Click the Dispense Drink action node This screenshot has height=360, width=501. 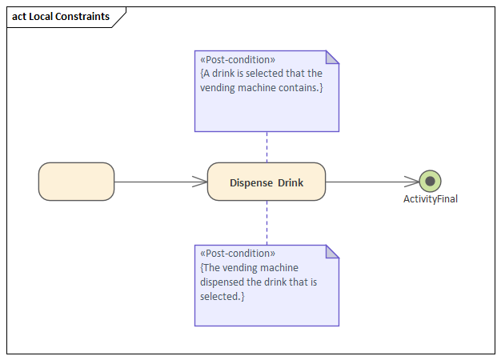click(x=266, y=182)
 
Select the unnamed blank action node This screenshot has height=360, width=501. click(x=76, y=182)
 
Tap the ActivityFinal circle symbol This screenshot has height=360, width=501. click(x=430, y=182)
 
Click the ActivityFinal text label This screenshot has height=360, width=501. click(x=430, y=199)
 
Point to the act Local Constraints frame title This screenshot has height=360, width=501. click(x=61, y=17)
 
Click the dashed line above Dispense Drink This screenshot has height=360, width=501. click(x=267, y=147)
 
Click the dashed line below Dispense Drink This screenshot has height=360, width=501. click(x=267, y=222)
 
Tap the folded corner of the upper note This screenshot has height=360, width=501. click(x=332, y=57)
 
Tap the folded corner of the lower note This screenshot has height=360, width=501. click(x=332, y=251)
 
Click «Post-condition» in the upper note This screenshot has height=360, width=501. click(x=238, y=59)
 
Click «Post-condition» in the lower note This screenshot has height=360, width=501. click(x=238, y=254)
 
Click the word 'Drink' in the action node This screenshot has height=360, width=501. click(x=291, y=182)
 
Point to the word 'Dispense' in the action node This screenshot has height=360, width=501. click(x=251, y=182)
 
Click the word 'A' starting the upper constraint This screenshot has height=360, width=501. click(x=206, y=73)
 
